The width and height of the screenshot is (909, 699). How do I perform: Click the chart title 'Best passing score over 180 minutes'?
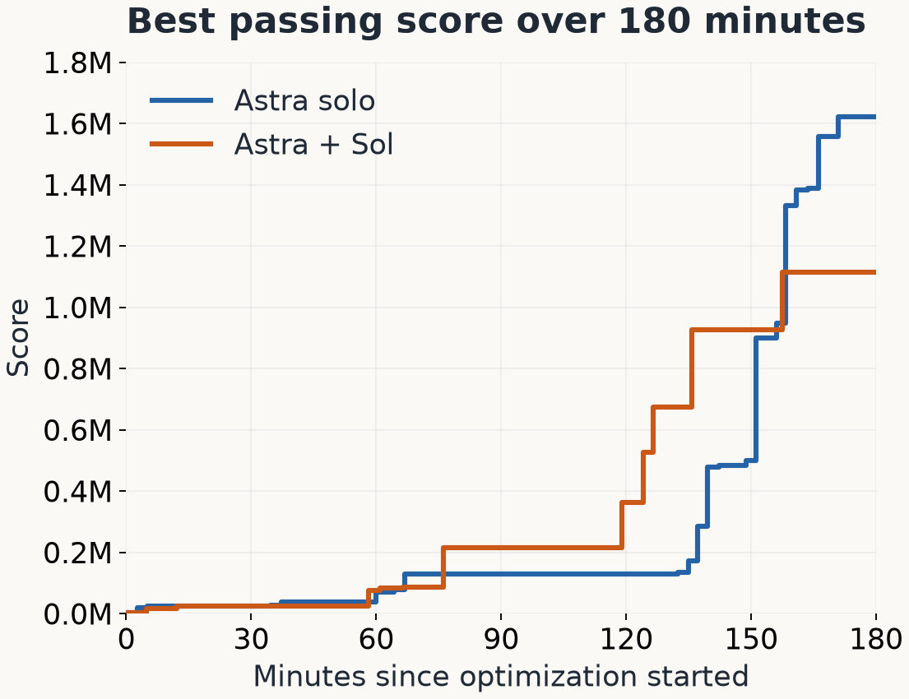[496, 21]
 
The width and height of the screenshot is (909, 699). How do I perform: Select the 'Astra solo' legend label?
[304, 101]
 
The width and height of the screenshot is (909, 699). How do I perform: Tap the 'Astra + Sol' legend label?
[313, 144]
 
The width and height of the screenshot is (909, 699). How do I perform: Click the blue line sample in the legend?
[182, 101]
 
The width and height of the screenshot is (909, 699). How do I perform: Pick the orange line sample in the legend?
[182, 144]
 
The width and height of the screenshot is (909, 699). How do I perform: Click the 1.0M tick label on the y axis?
[77, 308]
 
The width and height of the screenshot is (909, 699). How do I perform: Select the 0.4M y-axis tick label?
[77, 491]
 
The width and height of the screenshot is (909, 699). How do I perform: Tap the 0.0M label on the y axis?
[77, 613]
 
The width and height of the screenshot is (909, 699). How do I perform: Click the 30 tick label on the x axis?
[251, 639]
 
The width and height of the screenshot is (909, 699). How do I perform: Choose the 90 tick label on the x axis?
[501, 639]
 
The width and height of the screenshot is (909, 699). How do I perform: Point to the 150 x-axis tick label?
[751, 639]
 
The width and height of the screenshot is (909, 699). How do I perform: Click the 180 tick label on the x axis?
[876, 639]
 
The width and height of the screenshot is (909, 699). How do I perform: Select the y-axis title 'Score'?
[17, 338]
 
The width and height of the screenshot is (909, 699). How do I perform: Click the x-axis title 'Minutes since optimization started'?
[501, 677]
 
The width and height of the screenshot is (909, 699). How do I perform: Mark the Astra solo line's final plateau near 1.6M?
[857, 117]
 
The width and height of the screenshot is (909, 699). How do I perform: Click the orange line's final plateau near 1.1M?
[829, 272]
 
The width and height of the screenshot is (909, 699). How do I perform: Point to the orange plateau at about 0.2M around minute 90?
[532, 547]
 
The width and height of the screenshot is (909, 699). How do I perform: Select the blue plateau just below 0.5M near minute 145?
[727, 465]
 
